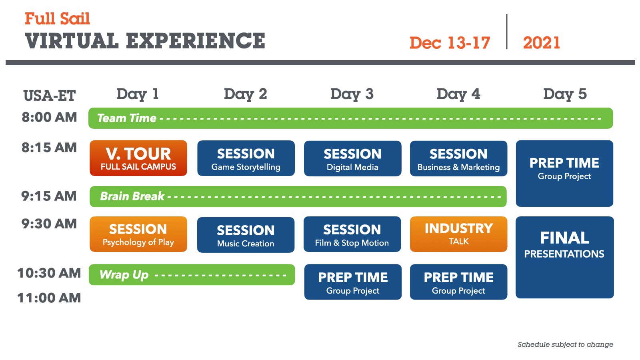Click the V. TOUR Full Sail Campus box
138,158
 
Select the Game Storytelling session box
246,158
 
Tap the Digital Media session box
352,158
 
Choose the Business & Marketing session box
458,158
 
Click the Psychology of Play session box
138,234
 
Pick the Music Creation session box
246,235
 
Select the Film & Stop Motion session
352,234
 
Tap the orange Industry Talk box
458,234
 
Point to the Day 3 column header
352,94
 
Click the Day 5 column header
564,94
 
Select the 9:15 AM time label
49,196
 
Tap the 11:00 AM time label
49,298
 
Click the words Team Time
126,118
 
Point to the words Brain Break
132,196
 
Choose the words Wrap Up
124,275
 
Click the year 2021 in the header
541,43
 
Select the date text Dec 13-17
450,43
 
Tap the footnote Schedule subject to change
565,344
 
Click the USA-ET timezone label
49,96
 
